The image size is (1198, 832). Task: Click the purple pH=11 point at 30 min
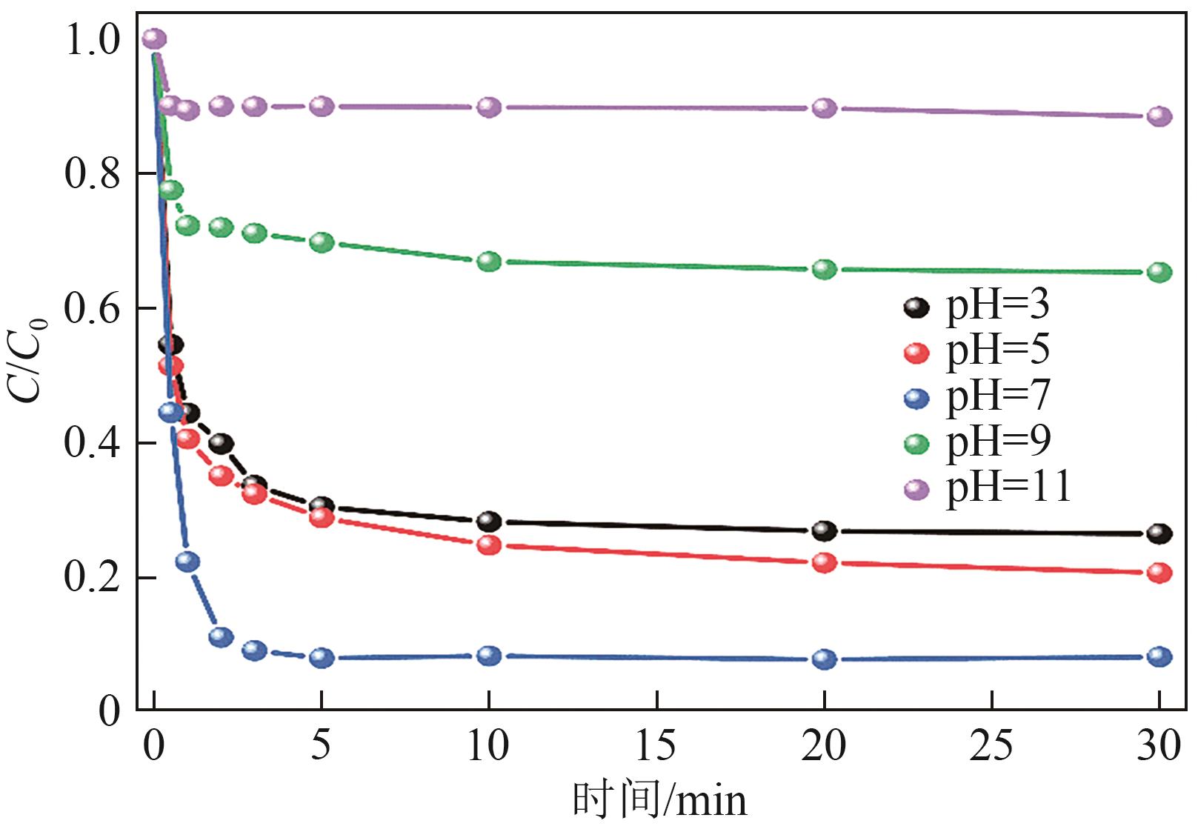[1159, 116]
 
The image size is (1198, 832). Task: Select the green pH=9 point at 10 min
[489, 261]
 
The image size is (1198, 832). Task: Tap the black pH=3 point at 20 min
[825, 530]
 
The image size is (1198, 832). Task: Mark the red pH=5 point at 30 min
[1159, 573]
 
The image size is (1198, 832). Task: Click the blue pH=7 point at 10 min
[489, 655]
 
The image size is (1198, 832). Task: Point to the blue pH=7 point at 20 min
[825, 659]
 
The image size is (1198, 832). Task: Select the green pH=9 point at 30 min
[1159, 272]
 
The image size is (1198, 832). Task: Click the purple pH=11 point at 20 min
[825, 108]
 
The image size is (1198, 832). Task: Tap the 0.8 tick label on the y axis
[92, 175]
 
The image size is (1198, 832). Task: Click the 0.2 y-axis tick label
[92, 578]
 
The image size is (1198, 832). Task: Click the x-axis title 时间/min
[659, 800]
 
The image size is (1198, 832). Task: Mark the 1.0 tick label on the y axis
[92, 40]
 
